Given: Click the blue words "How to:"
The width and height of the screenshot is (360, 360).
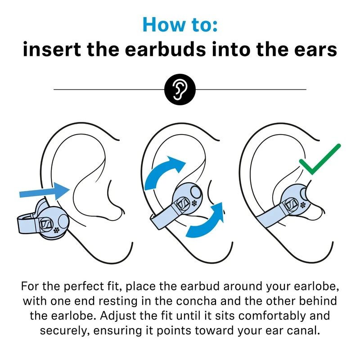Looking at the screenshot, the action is [180, 24].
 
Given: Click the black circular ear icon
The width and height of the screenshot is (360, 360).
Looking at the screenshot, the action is [180, 89].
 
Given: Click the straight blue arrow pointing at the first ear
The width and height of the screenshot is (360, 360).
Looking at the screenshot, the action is [45, 191].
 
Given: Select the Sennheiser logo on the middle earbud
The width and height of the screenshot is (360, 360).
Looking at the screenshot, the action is [183, 204].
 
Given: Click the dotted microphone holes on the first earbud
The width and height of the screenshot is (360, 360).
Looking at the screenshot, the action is [57, 230].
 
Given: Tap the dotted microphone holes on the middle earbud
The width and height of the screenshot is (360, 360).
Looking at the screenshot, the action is [194, 203].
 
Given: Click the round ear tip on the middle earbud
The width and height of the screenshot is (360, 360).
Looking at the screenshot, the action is [196, 192].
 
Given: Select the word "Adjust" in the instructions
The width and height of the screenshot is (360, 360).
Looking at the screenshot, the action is [118, 316].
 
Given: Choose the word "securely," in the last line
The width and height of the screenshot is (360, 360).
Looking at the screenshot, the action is [65, 331].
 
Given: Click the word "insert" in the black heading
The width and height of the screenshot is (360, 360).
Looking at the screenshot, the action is [52, 49].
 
